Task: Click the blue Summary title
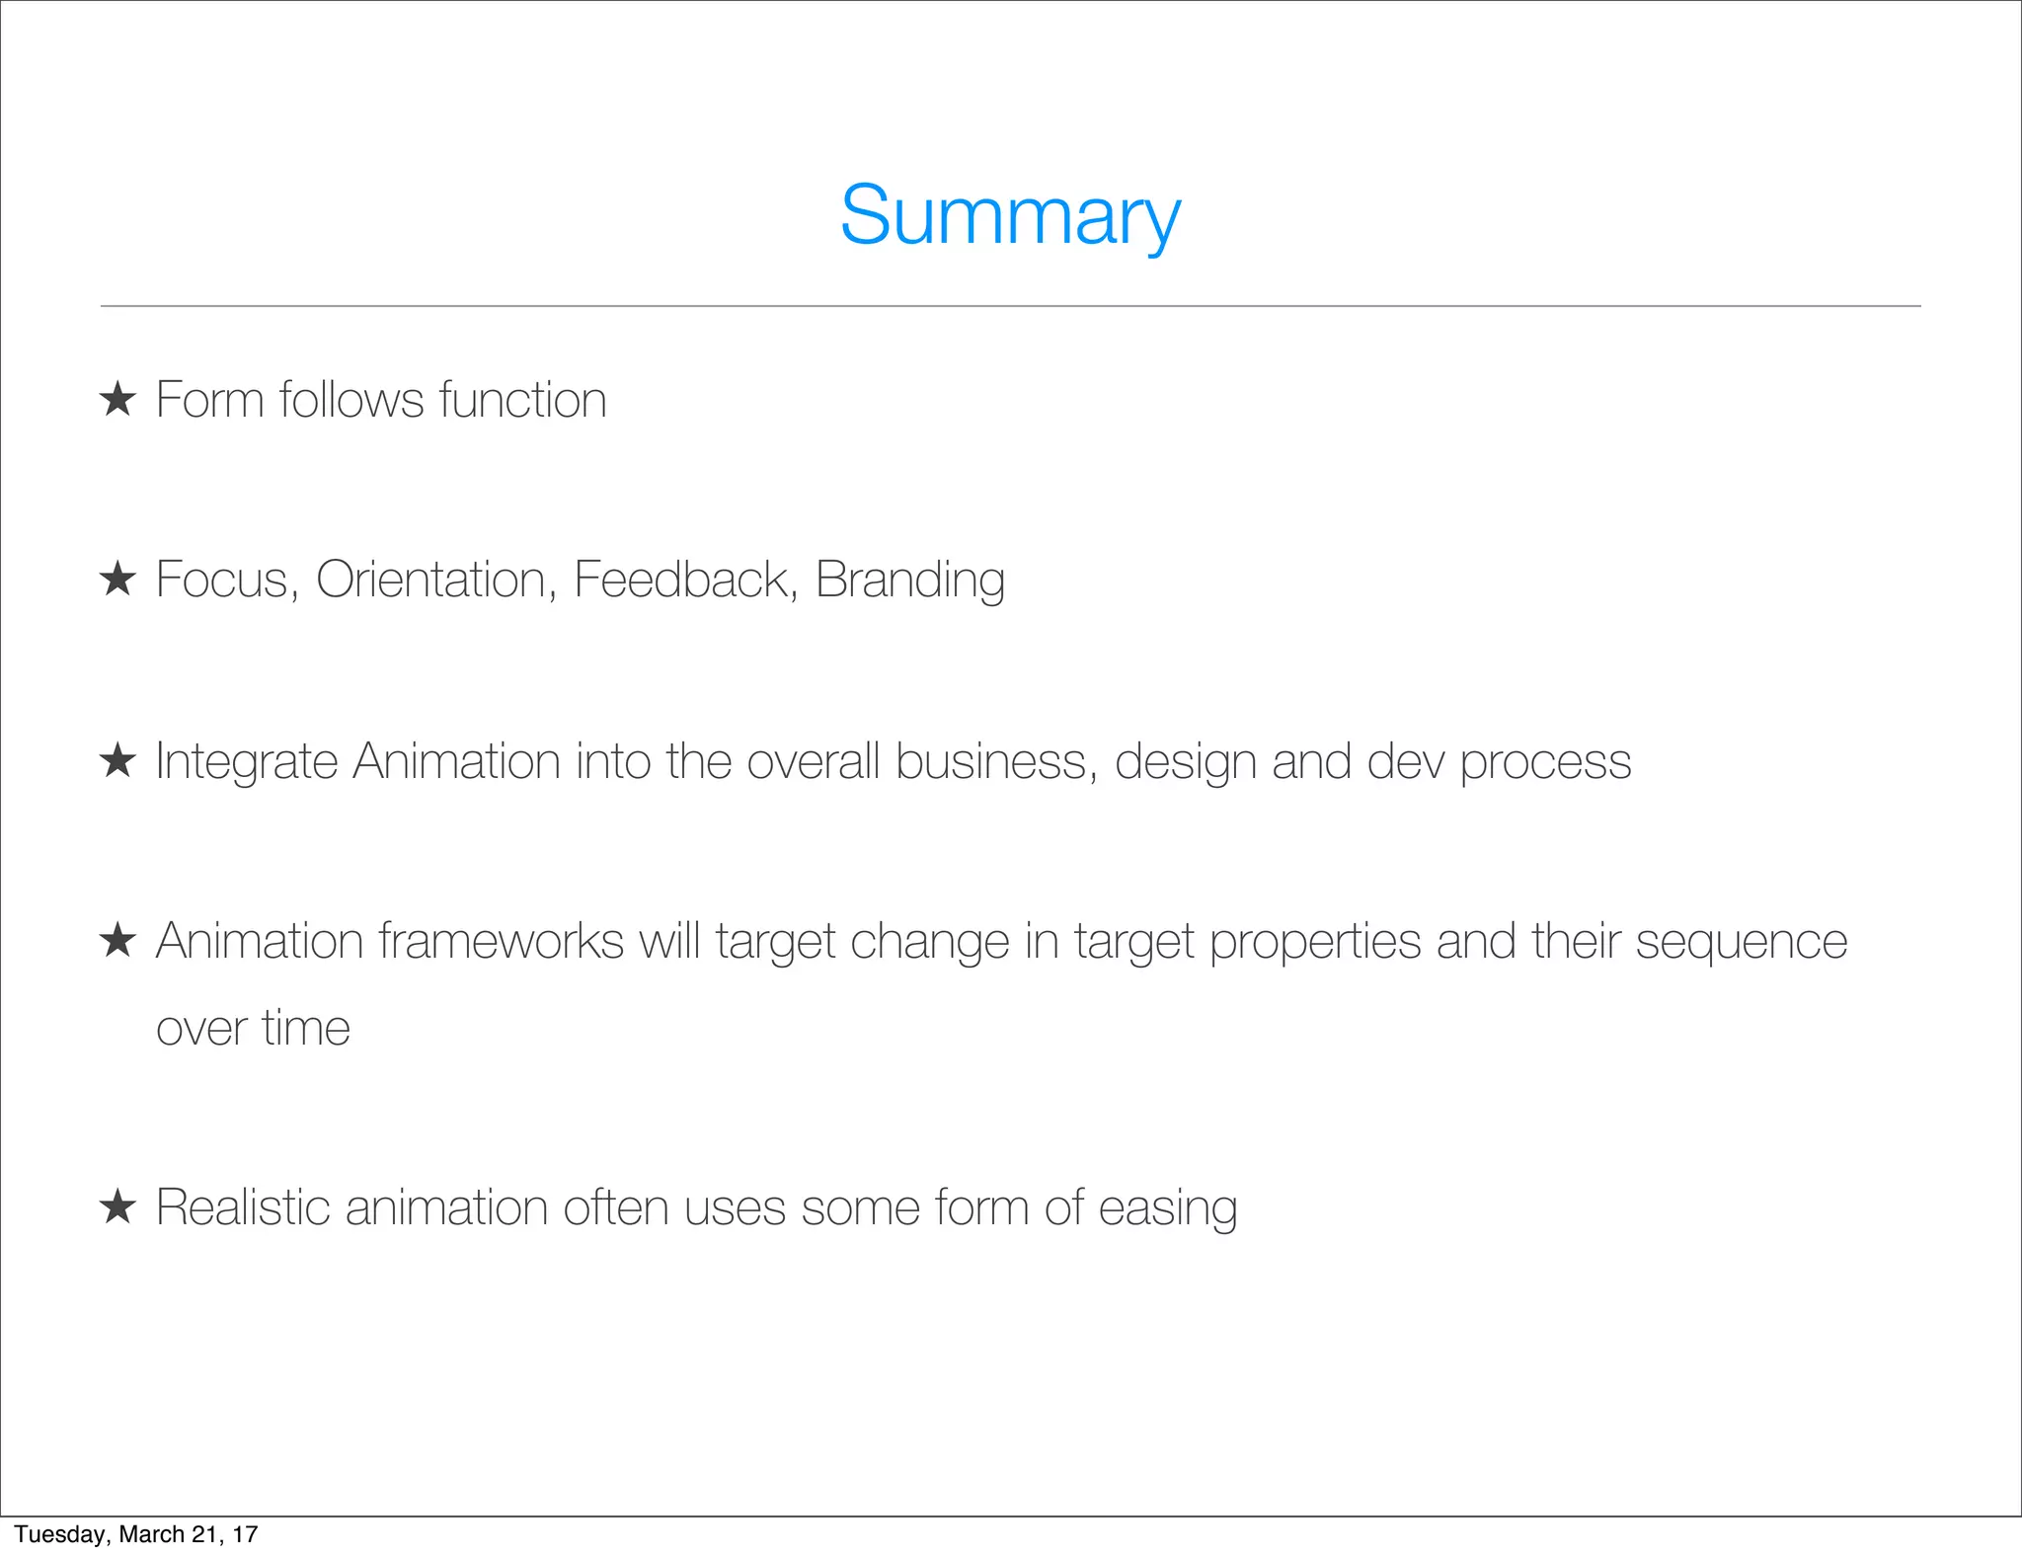[1010, 216]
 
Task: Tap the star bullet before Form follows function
[117, 400]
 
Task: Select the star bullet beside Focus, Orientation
[117, 579]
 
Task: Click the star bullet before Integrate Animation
[117, 761]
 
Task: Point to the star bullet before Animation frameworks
[117, 941]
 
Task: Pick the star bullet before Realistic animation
[117, 1206]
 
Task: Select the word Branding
[909, 581]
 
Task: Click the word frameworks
[501, 941]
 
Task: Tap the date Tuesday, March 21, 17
[136, 1534]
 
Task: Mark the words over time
[253, 1028]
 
